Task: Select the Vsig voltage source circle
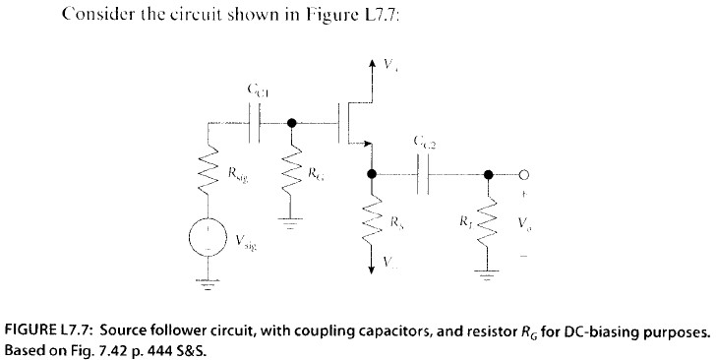208,239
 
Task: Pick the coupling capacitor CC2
426,174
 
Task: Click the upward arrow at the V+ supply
371,66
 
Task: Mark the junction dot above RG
292,125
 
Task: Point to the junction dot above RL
489,174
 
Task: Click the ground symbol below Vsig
208,280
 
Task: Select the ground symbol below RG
292,223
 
